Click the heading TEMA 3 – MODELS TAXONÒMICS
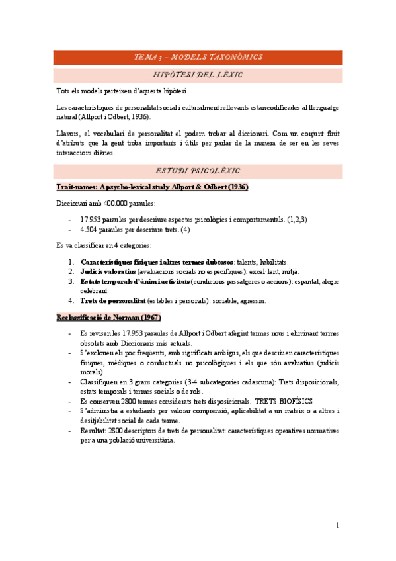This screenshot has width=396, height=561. coord(198,57)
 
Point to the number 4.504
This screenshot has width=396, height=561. coord(90,230)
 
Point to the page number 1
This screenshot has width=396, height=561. coord(337,525)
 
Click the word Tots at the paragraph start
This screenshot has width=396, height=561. coord(63,91)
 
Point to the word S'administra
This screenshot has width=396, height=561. coord(100,411)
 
